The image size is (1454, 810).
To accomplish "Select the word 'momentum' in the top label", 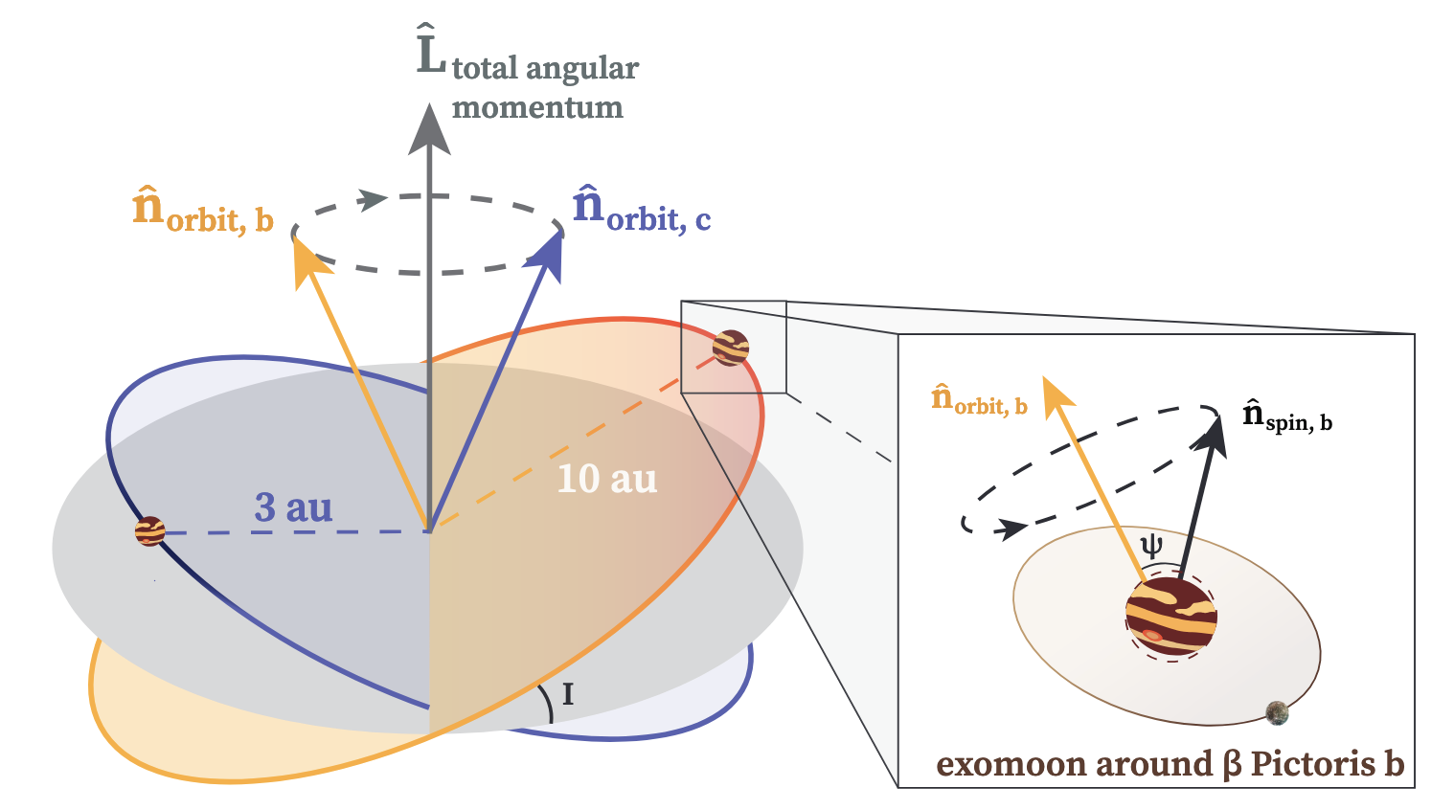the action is point(537,107).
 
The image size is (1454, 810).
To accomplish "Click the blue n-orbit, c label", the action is point(642,209).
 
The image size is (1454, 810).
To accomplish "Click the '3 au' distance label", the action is point(293,506).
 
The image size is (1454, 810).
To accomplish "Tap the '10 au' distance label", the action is point(607,479).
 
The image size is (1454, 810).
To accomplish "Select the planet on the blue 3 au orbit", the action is point(150,531).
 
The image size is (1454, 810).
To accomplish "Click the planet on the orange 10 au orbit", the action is point(730,348).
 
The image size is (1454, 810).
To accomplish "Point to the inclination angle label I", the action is point(568,694).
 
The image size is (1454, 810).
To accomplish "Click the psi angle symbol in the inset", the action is point(1152,546).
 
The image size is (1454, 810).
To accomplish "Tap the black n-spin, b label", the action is point(1287,416).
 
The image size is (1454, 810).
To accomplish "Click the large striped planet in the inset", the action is point(1171,618).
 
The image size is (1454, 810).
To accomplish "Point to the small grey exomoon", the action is point(1278,712).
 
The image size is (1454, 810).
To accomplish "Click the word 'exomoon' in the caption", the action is point(1011,765).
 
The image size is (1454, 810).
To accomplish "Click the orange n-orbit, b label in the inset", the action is point(980,399).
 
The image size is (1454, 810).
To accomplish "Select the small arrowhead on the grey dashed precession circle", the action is point(373,199).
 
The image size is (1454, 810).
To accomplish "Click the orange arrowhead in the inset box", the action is point(1056,397).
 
